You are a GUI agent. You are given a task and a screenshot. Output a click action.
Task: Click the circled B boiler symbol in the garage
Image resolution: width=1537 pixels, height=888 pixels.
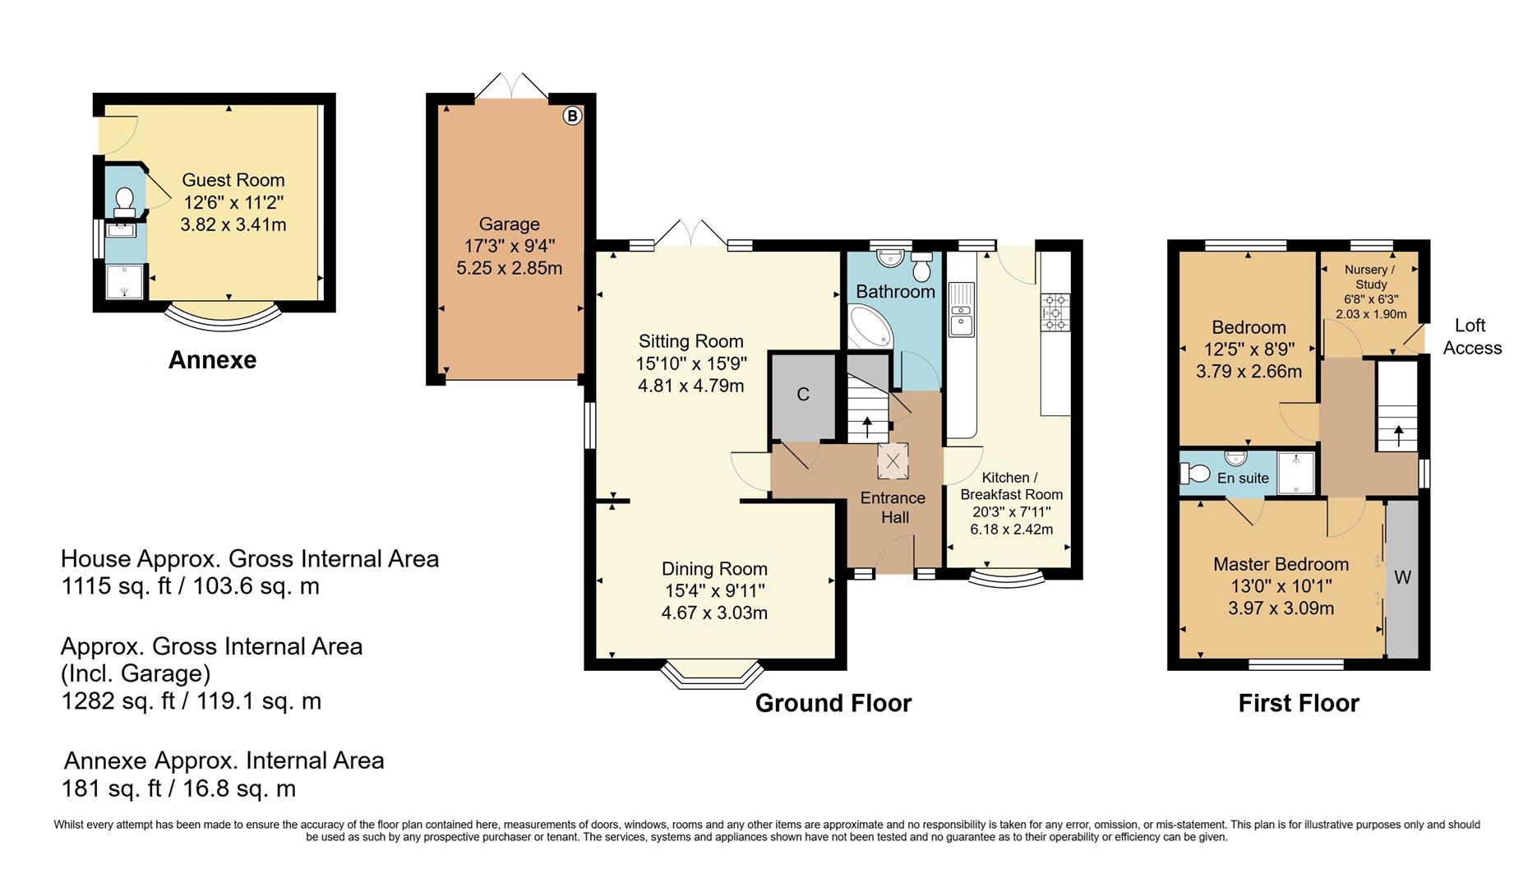coord(572,116)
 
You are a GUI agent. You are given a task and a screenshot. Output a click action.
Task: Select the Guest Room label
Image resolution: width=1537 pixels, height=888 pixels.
coord(233,180)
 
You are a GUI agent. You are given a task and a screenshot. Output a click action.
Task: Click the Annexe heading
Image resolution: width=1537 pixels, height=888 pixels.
coord(212,360)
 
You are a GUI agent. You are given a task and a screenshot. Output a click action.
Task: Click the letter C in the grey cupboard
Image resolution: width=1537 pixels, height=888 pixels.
coord(803,395)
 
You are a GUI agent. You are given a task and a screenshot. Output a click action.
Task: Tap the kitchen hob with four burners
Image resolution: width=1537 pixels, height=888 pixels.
coord(1055,312)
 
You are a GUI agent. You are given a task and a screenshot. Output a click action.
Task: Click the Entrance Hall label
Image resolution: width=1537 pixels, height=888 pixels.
coord(893,507)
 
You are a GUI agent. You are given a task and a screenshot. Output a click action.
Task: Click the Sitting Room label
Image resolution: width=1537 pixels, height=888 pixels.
coord(691,341)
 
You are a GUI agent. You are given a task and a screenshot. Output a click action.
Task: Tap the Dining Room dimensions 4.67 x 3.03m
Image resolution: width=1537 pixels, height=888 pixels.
coord(714,613)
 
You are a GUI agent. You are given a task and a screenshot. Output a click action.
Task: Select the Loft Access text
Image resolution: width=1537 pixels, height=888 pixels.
coord(1472,337)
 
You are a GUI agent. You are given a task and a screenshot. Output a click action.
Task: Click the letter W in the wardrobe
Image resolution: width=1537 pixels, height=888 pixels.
coord(1402,577)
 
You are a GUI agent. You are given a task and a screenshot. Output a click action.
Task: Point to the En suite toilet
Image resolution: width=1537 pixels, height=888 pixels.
coord(1195,474)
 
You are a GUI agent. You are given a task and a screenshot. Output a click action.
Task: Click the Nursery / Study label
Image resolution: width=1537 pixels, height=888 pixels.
coord(1370,277)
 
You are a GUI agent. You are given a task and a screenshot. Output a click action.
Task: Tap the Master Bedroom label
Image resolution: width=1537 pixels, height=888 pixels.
coord(1281,564)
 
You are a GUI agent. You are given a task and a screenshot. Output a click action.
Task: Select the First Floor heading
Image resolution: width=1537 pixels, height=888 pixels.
coord(1299,704)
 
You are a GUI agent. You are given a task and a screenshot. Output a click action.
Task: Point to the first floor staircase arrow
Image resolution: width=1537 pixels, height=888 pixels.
coord(1399,436)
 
